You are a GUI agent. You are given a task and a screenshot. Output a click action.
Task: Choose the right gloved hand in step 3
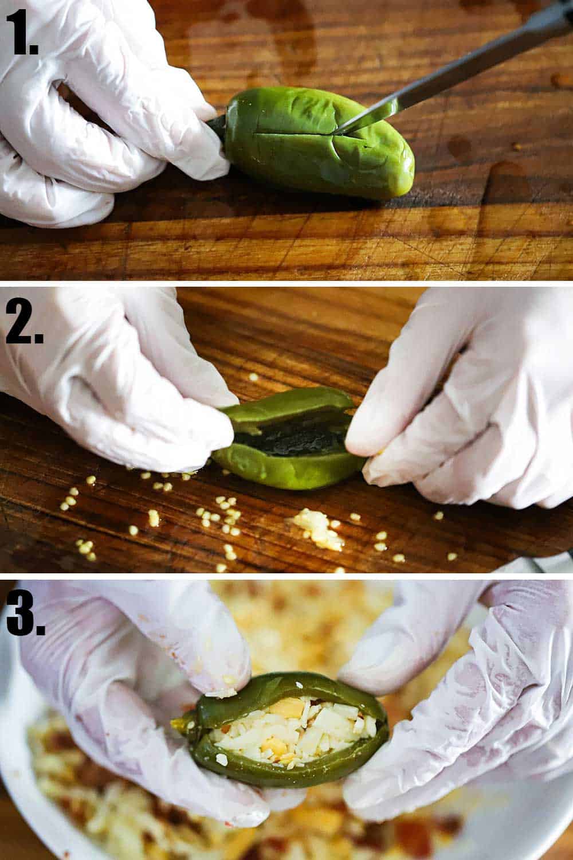click(x=458, y=717)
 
